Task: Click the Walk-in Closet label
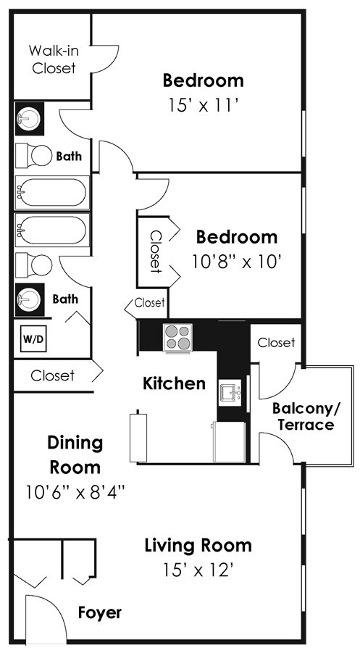click(x=54, y=59)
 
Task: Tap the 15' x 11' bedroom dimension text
click(x=203, y=105)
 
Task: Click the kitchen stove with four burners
click(x=178, y=337)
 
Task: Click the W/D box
click(x=34, y=338)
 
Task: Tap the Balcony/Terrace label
click(x=306, y=416)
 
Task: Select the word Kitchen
click(x=174, y=383)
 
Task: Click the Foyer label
click(x=100, y=612)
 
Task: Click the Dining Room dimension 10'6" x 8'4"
click(x=75, y=493)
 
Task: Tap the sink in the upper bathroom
click(x=29, y=119)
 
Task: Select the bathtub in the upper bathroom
click(x=52, y=192)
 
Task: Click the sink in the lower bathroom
click(x=30, y=298)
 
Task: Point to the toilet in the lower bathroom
click(x=34, y=265)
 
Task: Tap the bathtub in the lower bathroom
click(x=52, y=230)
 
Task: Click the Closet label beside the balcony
click(x=276, y=343)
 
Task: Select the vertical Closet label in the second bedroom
click(x=156, y=251)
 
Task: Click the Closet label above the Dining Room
click(x=52, y=375)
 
